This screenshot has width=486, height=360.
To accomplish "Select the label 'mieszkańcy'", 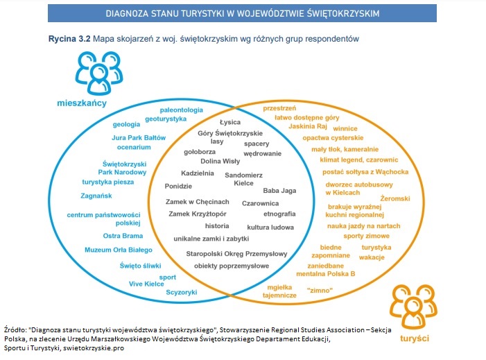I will click(x=82, y=103).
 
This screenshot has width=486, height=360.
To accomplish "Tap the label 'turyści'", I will click(x=415, y=336).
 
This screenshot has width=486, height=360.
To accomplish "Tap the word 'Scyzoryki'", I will click(x=182, y=292).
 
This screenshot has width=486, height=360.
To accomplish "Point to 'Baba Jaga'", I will click(x=279, y=189).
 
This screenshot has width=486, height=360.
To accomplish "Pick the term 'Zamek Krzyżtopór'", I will click(x=199, y=214).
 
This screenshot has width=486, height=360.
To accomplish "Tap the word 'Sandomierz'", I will click(x=245, y=175).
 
